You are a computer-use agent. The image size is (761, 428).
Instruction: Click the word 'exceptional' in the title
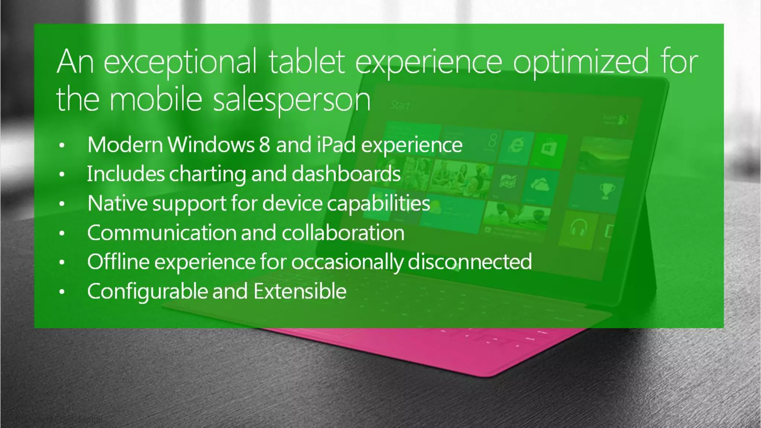[x=180, y=62]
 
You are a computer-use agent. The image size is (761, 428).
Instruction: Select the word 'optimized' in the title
[x=581, y=62]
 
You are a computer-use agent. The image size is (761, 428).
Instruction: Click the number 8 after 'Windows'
[x=264, y=145]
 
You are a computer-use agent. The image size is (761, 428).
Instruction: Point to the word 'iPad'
[x=336, y=145]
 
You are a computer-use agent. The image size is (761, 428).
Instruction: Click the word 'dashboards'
[x=346, y=174]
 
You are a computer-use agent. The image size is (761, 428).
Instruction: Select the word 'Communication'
[x=161, y=233]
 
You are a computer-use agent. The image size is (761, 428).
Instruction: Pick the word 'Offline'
[x=118, y=262]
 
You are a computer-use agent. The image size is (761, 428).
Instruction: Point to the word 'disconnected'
[x=470, y=262]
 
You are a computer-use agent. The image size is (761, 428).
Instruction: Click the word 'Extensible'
[x=300, y=291]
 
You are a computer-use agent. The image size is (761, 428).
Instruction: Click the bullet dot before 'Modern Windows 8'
[x=62, y=145]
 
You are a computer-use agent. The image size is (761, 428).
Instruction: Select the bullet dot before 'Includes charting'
[x=62, y=175]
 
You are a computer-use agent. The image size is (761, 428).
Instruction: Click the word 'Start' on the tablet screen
[x=400, y=106]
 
